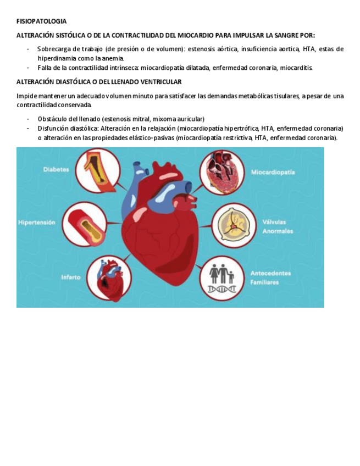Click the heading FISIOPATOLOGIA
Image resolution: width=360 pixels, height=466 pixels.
tap(41, 21)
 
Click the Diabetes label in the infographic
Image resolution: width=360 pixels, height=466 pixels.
tap(56, 170)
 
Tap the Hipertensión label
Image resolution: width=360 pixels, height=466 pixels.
tap(37, 223)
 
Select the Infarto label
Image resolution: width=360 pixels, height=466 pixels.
tap(71, 278)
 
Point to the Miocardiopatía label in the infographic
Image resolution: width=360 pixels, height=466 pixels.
tap(273, 172)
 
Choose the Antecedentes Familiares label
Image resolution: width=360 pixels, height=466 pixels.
tap(270, 278)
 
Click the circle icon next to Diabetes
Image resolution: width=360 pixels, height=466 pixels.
tap(98, 170)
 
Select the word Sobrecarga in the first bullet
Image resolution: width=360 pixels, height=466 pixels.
tap(53, 49)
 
